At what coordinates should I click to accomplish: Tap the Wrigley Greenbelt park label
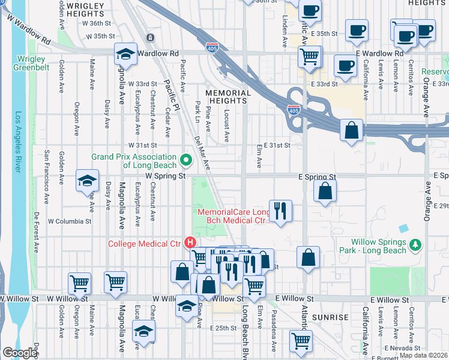(31, 63)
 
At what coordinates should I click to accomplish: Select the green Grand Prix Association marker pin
(185, 160)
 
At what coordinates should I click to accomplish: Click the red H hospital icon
(190, 243)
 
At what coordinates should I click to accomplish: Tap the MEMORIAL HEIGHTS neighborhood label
(228, 97)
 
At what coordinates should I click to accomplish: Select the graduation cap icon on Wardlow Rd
(125, 54)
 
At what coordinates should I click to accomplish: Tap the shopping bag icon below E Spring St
(325, 191)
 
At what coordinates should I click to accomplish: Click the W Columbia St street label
(70, 221)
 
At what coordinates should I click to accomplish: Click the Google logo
(20, 353)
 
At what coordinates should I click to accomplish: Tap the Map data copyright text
(423, 355)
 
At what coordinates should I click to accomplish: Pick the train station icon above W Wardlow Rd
(149, 37)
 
